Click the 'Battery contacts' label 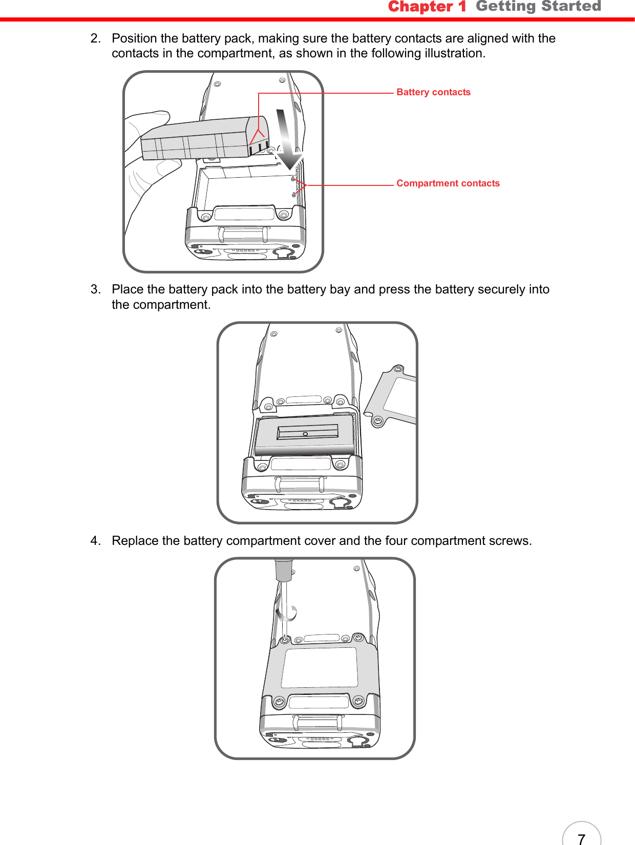click(433, 92)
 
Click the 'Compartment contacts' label click(448, 183)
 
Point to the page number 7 click(581, 838)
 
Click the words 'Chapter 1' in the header click(427, 7)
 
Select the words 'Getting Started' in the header click(538, 7)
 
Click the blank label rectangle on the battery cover click(320, 667)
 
